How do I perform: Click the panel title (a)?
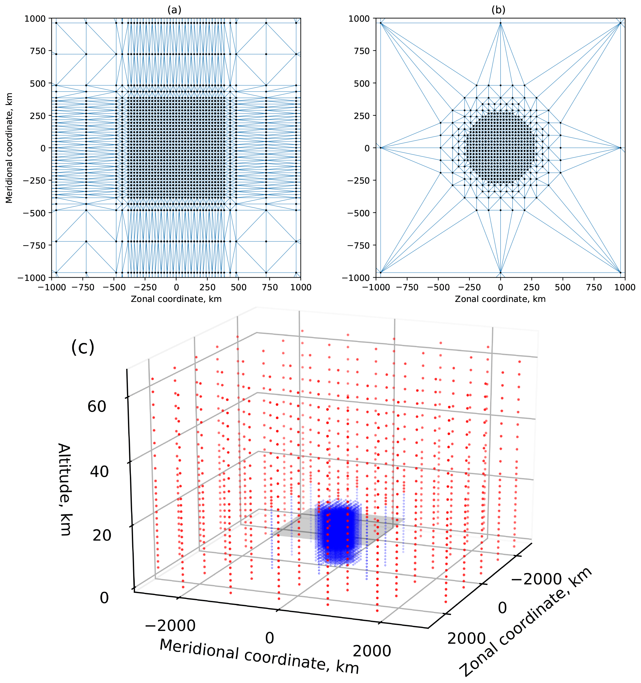(x=174, y=10)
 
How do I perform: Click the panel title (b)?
(x=498, y=10)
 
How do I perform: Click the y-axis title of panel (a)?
(x=9, y=148)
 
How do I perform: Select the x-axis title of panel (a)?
(x=176, y=299)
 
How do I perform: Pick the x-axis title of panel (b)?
(x=500, y=299)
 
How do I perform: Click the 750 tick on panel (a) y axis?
(x=38, y=51)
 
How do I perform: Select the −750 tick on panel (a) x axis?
(x=83, y=287)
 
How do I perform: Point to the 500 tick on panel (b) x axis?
(x=563, y=287)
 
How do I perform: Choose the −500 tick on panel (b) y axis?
(x=358, y=213)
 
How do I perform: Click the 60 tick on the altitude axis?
(x=97, y=406)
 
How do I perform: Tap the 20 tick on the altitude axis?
(x=102, y=535)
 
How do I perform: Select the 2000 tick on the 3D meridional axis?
(x=372, y=651)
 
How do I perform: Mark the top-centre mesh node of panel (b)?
(x=500, y=23)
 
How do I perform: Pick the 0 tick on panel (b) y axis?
(x=367, y=148)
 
